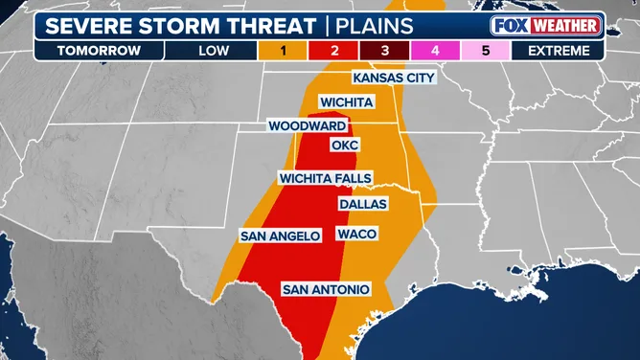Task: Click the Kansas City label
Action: tap(394, 78)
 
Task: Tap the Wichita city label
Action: tap(347, 101)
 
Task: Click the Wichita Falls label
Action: tap(325, 178)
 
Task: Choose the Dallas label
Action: tap(362, 204)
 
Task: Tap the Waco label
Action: tap(356, 235)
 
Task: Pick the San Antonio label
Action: tap(325, 288)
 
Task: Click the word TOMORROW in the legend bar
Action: tap(83, 52)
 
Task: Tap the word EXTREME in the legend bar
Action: tap(565, 52)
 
